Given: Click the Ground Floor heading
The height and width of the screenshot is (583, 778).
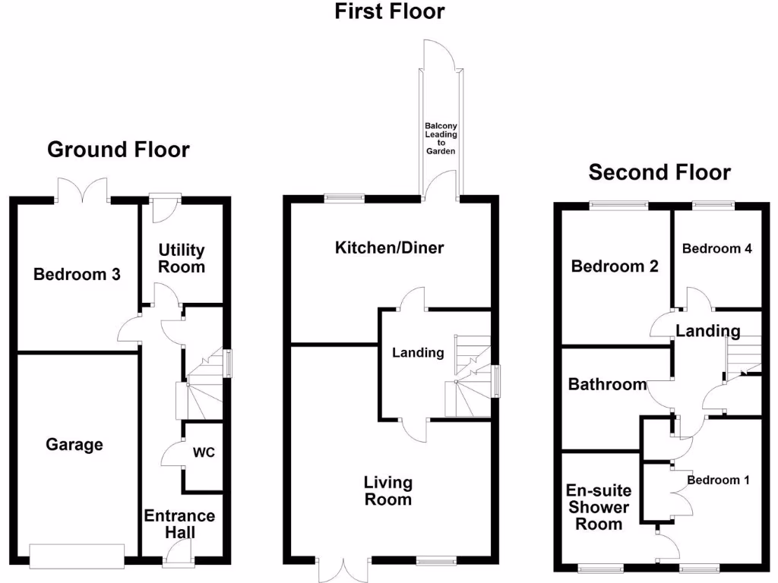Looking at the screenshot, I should coord(118,150).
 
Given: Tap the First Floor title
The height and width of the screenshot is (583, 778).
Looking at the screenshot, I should coord(390,11).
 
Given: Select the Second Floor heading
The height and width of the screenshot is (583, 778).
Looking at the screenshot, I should coord(659,172).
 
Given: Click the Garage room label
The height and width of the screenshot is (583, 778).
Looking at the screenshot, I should coord(74,444).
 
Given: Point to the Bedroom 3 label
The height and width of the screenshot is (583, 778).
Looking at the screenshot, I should coord(77,274).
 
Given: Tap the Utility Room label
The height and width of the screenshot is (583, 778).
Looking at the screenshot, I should coord(182,258).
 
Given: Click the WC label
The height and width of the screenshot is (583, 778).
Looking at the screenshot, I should coord(204,452).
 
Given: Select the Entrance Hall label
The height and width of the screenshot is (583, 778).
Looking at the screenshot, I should coord(179,524).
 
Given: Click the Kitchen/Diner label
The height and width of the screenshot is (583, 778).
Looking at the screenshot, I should coord(389,247).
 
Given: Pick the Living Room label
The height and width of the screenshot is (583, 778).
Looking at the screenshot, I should coord(387,490).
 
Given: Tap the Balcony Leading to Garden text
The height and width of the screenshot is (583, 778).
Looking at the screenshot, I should coord(441,139).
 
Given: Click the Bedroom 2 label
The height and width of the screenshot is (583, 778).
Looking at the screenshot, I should coord(615,266).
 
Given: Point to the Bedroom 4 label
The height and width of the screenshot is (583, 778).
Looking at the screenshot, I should coord(716,248).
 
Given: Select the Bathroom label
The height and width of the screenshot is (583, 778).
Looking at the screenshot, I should coord(607,385).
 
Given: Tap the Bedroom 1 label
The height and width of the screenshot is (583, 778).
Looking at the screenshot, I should coord(718,480).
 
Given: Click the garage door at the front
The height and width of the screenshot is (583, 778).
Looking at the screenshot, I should coord(76,556).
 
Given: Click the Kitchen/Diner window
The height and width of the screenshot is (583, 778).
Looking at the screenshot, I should coord(344,198).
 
